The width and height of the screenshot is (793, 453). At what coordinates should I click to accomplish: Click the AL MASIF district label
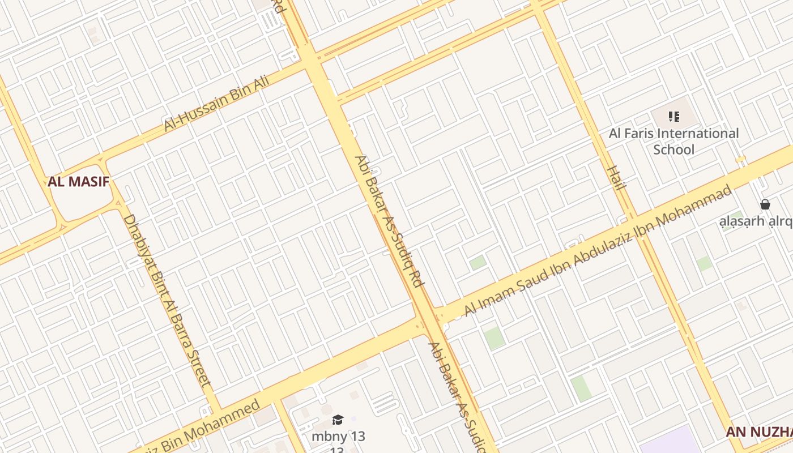(x=78, y=182)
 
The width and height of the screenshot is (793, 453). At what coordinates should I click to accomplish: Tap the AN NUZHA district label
(x=759, y=433)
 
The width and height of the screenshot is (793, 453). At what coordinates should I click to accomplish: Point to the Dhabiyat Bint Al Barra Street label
(x=167, y=300)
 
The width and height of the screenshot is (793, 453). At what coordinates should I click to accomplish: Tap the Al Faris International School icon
(x=673, y=117)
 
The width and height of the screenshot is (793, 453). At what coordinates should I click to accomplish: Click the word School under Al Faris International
(x=673, y=150)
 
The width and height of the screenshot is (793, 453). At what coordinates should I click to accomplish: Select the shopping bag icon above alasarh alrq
(x=765, y=204)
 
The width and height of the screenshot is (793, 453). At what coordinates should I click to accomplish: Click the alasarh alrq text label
(x=756, y=221)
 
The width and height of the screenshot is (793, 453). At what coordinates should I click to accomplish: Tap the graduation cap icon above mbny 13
(x=338, y=420)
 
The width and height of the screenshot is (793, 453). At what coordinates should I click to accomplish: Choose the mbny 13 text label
(x=338, y=437)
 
